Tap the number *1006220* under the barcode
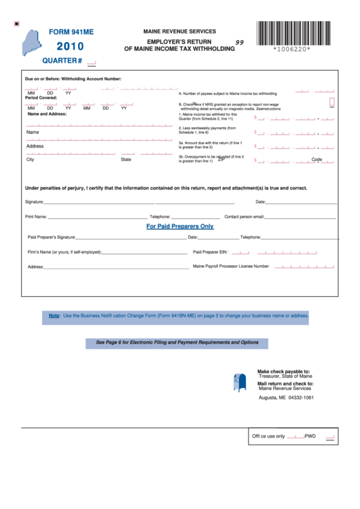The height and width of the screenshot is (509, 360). (x=292, y=50)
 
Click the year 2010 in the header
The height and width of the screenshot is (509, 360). (x=70, y=47)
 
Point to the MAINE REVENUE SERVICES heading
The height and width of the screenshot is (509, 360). (x=179, y=31)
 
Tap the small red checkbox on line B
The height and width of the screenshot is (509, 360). (x=332, y=102)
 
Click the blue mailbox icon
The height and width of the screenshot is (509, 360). (x=240, y=383)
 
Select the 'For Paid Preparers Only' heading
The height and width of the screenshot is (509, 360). (x=180, y=226)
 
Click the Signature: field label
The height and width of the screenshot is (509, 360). (x=35, y=202)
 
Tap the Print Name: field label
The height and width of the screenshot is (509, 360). (x=36, y=217)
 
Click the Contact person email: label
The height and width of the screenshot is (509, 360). (x=244, y=217)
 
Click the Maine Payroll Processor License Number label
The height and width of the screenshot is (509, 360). (x=232, y=266)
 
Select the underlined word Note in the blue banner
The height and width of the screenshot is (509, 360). (x=54, y=315)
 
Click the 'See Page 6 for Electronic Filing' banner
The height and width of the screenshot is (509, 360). (x=177, y=343)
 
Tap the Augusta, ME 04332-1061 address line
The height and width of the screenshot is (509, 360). (x=287, y=398)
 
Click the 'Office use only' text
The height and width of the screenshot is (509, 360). (x=268, y=436)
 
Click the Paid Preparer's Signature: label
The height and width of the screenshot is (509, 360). (x=52, y=237)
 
